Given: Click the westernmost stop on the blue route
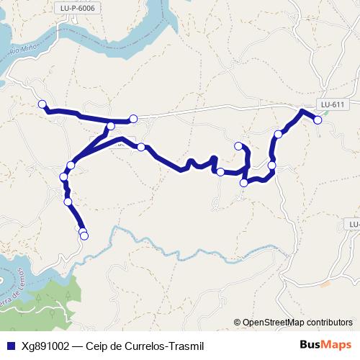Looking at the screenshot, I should click(42, 104).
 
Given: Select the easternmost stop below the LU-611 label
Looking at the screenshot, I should click(318, 121).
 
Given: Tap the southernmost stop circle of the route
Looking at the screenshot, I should click(84, 235).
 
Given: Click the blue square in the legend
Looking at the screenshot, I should click(10, 346).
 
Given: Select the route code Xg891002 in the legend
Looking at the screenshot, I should click(45, 346).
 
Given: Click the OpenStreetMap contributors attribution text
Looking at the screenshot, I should click(297, 323).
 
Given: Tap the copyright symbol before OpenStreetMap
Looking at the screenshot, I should click(237, 323).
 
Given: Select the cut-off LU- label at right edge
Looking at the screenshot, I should click(354, 225).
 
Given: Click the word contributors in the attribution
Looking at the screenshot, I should click(328, 323).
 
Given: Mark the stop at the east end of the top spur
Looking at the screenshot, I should click(133, 119).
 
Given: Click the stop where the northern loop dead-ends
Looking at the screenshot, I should click(238, 146).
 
